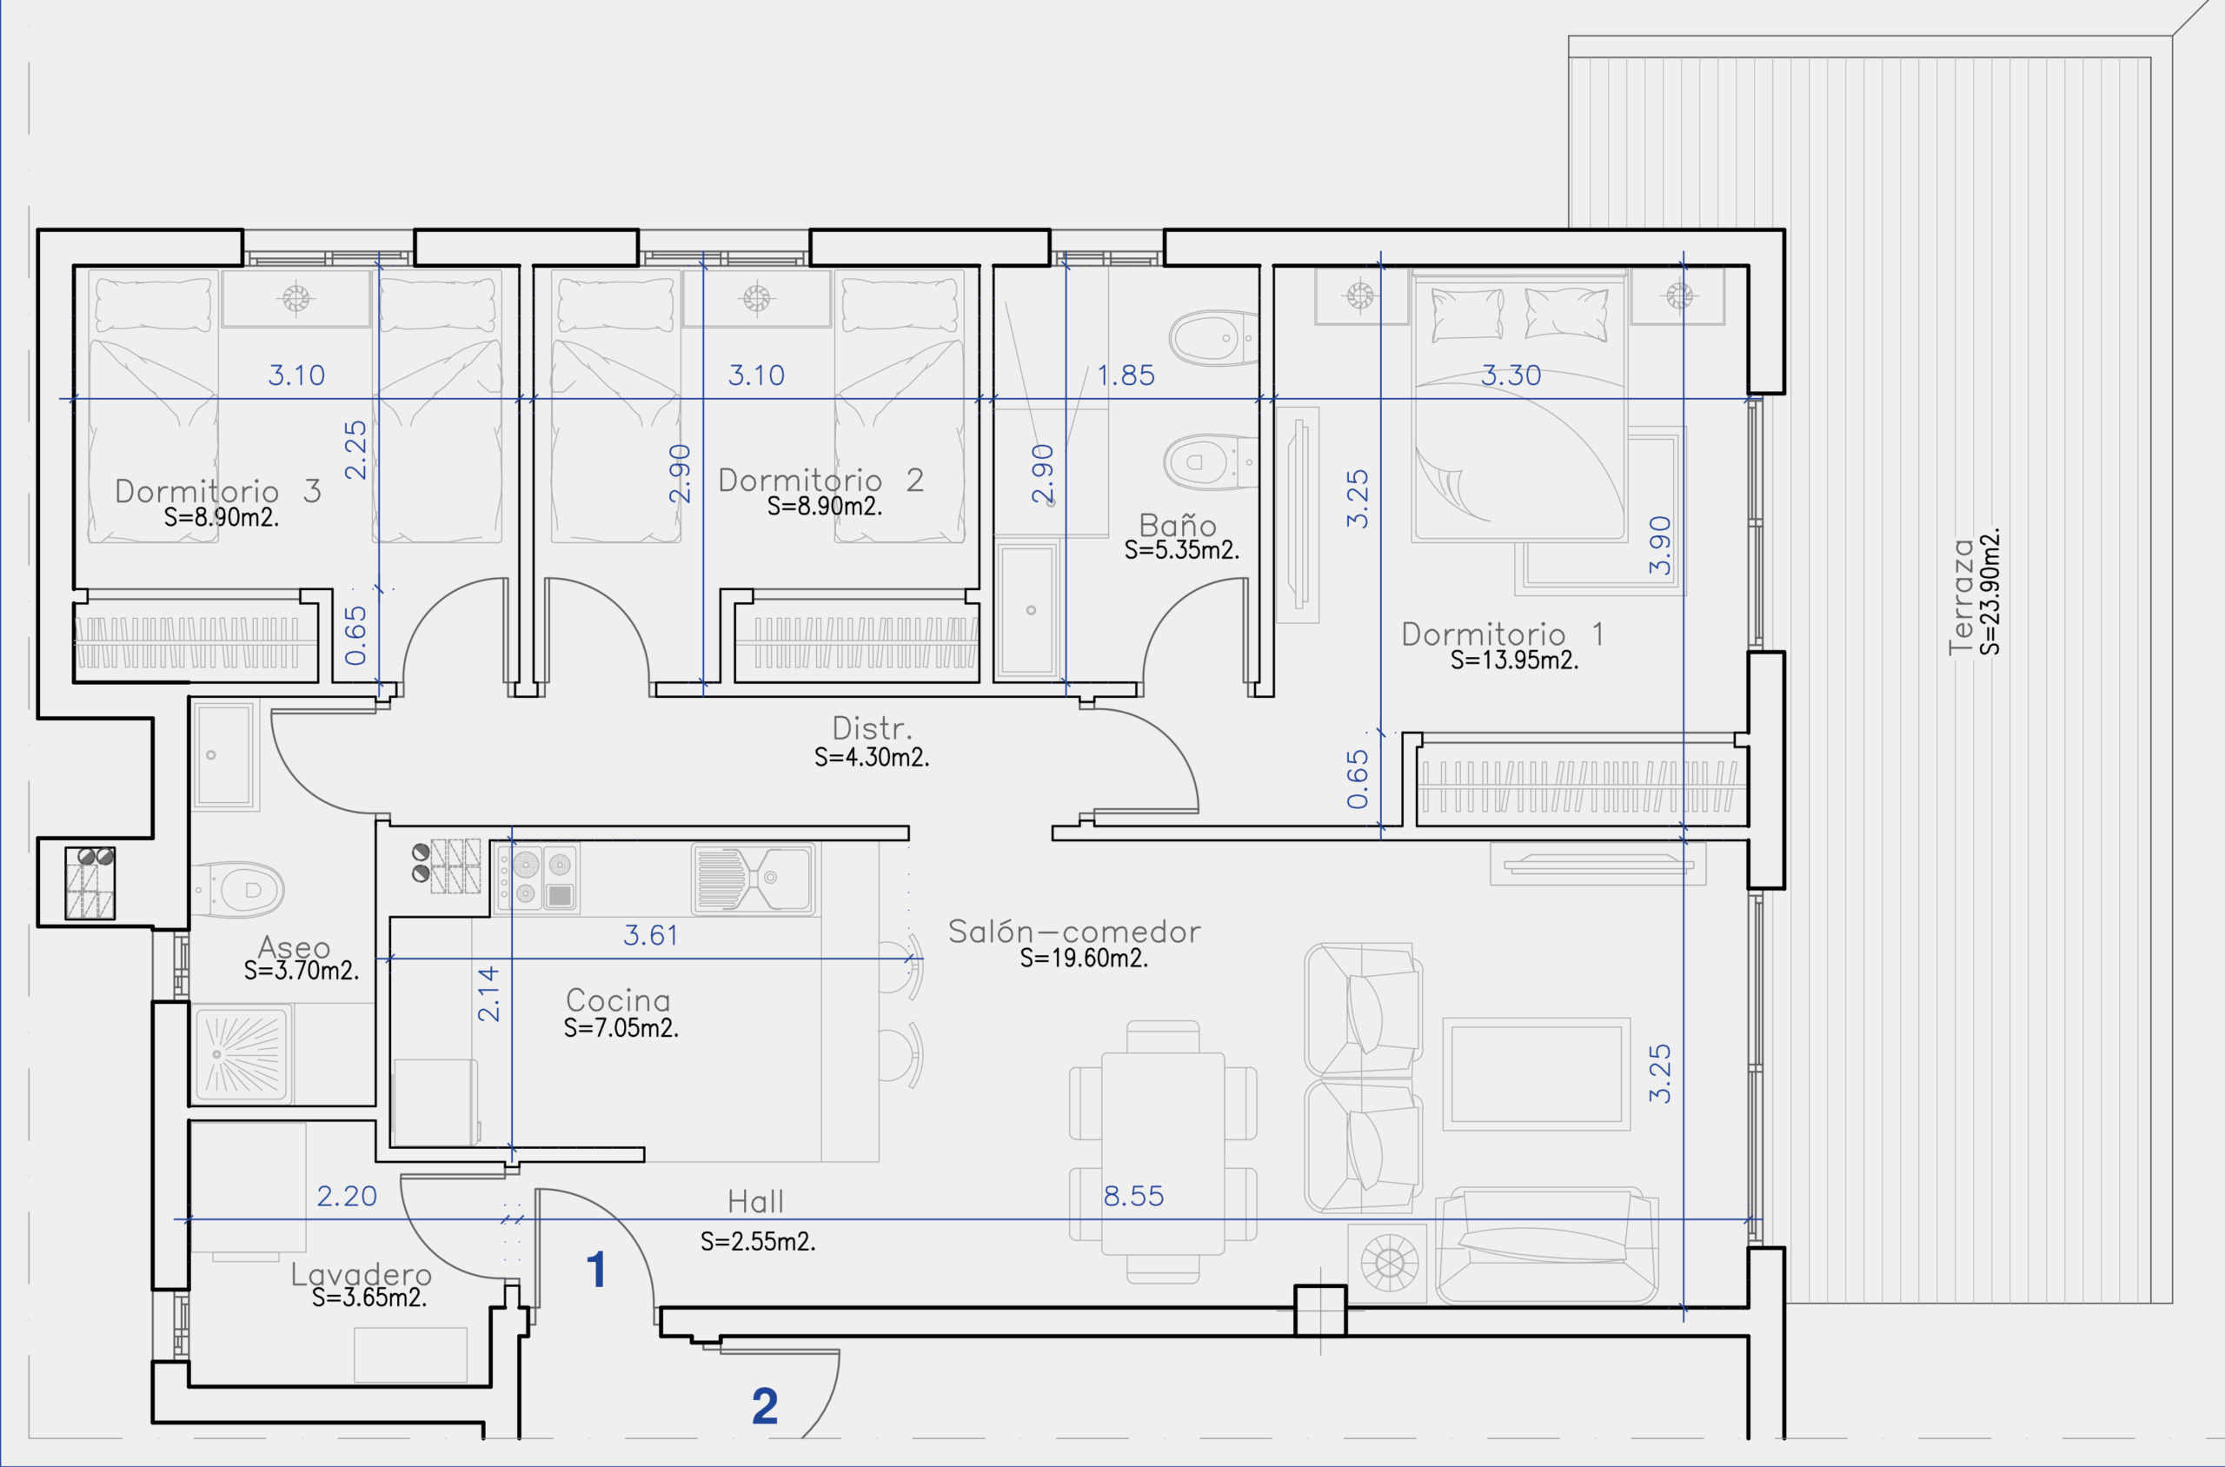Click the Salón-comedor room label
click(x=1074, y=932)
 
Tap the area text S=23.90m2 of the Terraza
click(x=1989, y=591)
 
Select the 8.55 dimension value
click(x=1133, y=1196)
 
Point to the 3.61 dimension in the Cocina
click(x=650, y=934)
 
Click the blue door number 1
click(x=596, y=1270)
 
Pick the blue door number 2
click(x=765, y=1405)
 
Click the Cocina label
click(x=618, y=1000)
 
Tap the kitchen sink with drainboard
click(x=754, y=879)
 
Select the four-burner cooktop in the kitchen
click(x=536, y=879)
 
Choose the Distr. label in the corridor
click(x=872, y=728)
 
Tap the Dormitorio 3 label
click(x=218, y=491)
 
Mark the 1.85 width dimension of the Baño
click(x=1126, y=375)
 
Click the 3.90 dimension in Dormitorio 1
click(x=1659, y=546)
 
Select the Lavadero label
click(x=362, y=1274)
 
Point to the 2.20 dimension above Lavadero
click(x=346, y=1196)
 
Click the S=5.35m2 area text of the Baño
click(x=1182, y=550)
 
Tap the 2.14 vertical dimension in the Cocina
click(x=488, y=993)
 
